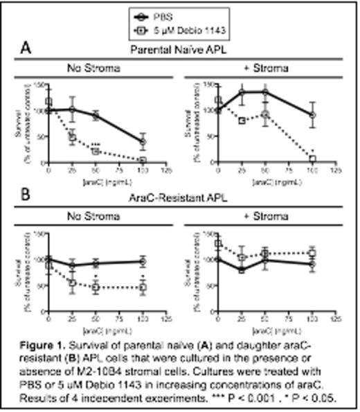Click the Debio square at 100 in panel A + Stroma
point(312,159)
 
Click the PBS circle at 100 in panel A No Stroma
point(143,142)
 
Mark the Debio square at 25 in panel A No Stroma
point(71,137)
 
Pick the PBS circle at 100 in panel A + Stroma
point(312,115)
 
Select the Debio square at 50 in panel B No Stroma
point(96,288)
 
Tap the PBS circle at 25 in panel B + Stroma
point(242,269)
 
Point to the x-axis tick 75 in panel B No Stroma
point(119,318)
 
